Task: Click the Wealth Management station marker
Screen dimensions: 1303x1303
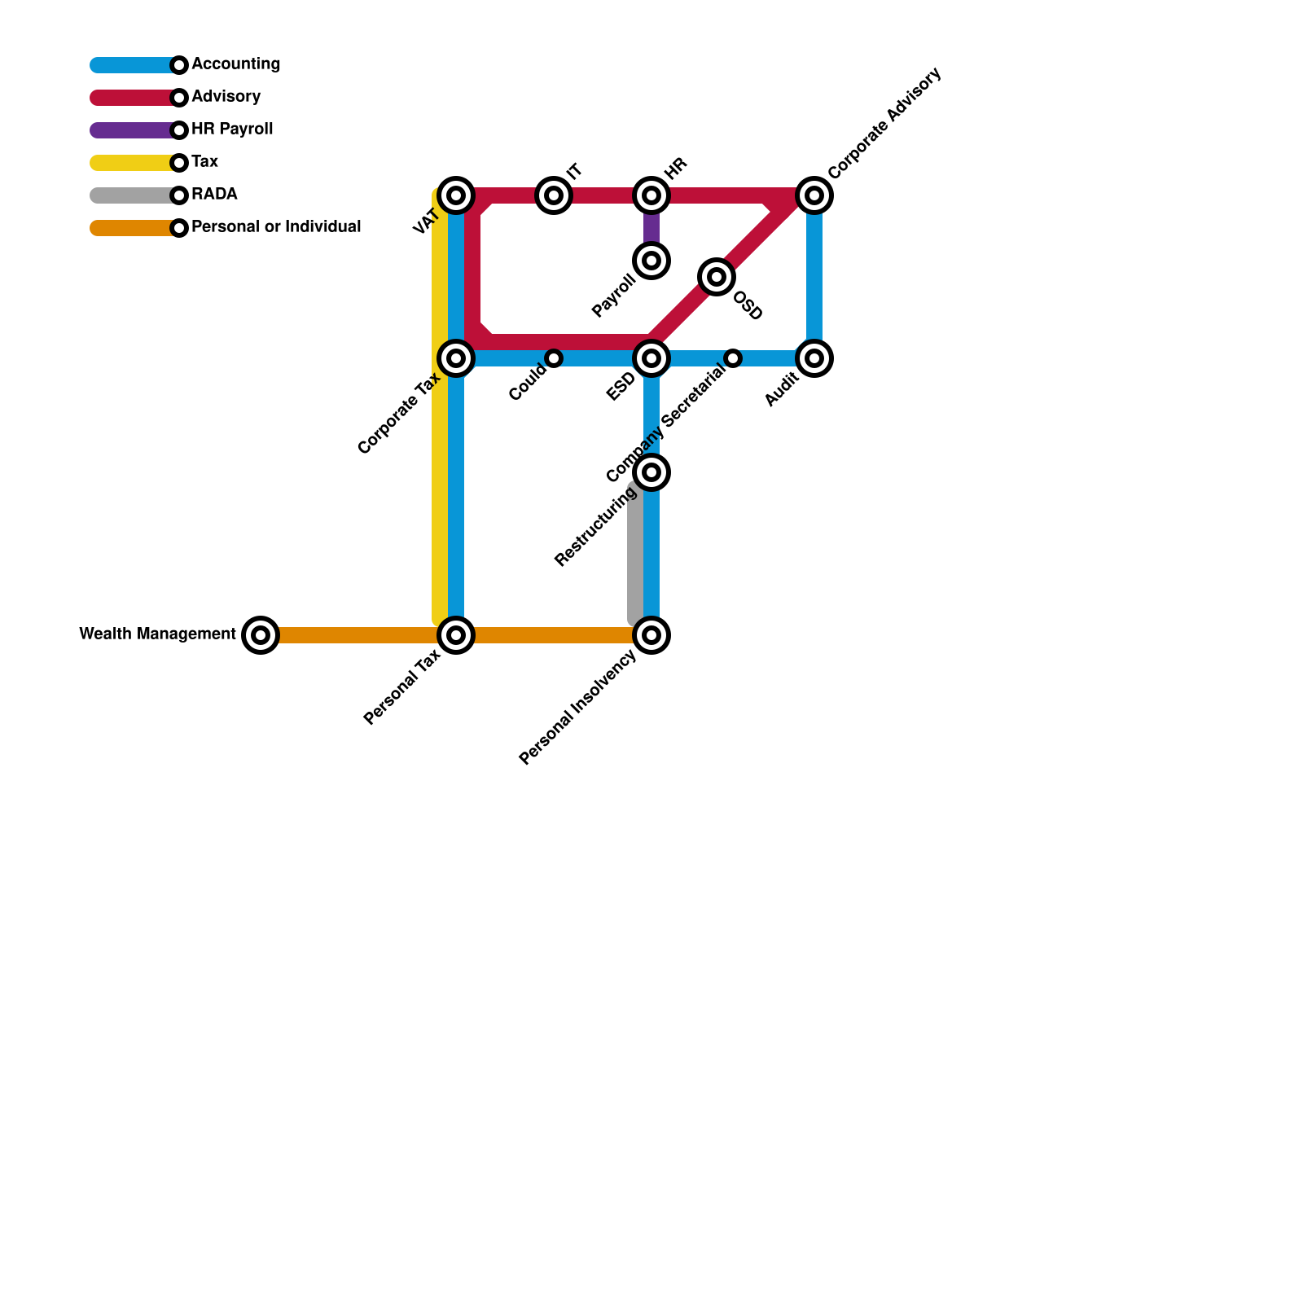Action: (261, 635)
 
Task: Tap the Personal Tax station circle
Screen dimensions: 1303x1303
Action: (456, 635)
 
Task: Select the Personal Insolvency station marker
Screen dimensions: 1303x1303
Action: (651, 635)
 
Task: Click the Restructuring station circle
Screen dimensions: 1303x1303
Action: (651, 472)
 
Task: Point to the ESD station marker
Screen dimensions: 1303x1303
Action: (651, 358)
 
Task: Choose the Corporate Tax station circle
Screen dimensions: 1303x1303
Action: (456, 358)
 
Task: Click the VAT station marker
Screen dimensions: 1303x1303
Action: (456, 195)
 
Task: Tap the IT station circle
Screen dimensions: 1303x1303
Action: (554, 195)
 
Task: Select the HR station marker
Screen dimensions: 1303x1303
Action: (651, 195)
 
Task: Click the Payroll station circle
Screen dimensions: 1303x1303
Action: (651, 261)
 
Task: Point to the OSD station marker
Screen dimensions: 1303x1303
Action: (717, 277)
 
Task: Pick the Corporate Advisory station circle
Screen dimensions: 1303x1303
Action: (814, 195)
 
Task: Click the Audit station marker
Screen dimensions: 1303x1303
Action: (814, 358)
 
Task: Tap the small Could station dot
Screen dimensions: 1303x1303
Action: (554, 358)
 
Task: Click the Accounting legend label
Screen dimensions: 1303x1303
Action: (235, 64)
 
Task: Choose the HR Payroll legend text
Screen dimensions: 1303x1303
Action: (232, 129)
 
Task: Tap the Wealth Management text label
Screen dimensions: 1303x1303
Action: (157, 634)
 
